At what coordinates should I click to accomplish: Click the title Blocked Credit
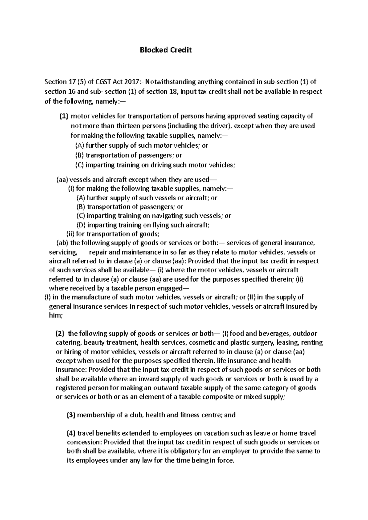pyautogui.click(x=166, y=50)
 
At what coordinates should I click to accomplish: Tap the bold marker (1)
pyautogui.click(x=63, y=116)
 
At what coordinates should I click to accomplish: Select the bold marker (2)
pyautogui.click(x=60, y=333)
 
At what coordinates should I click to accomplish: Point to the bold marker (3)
pyautogui.click(x=71, y=415)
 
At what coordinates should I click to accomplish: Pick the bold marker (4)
pyautogui.click(x=71, y=433)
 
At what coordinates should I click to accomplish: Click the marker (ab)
pyautogui.click(x=63, y=243)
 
